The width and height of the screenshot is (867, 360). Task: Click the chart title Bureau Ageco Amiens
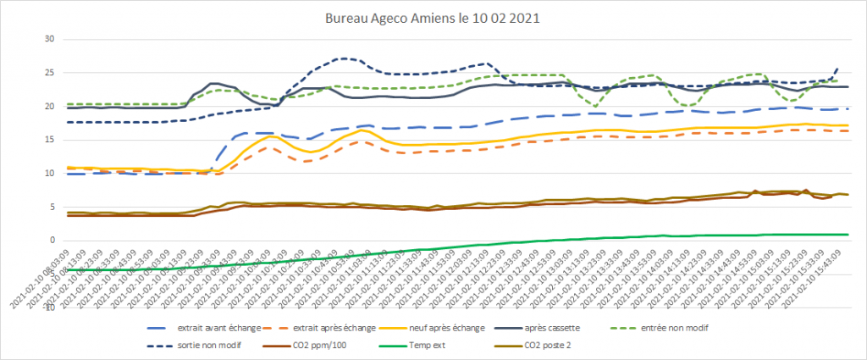pyautogui.click(x=398, y=16)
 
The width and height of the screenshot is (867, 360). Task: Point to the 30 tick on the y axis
pyautogui.click(x=49, y=39)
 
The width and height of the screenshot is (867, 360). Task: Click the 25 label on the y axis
pyautogui.click(x=49, y=73)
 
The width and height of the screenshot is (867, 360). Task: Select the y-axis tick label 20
pyautogui.click(x=49, y=107)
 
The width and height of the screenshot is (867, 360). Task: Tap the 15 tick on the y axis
pyautogui.click(x=49, y=140)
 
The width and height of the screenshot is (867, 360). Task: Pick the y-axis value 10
pyautogui.click(x=49, y=174)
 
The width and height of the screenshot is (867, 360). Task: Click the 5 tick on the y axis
pyautogui.click(x=52, y=207)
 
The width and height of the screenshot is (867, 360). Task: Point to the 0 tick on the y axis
pyautogui.click(x=52, y=241)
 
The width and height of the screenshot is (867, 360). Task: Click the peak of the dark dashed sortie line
pyautogui.click(x=344, y=58)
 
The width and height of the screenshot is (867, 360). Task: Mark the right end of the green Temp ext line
pyautogui.click(x=848, y=235)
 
